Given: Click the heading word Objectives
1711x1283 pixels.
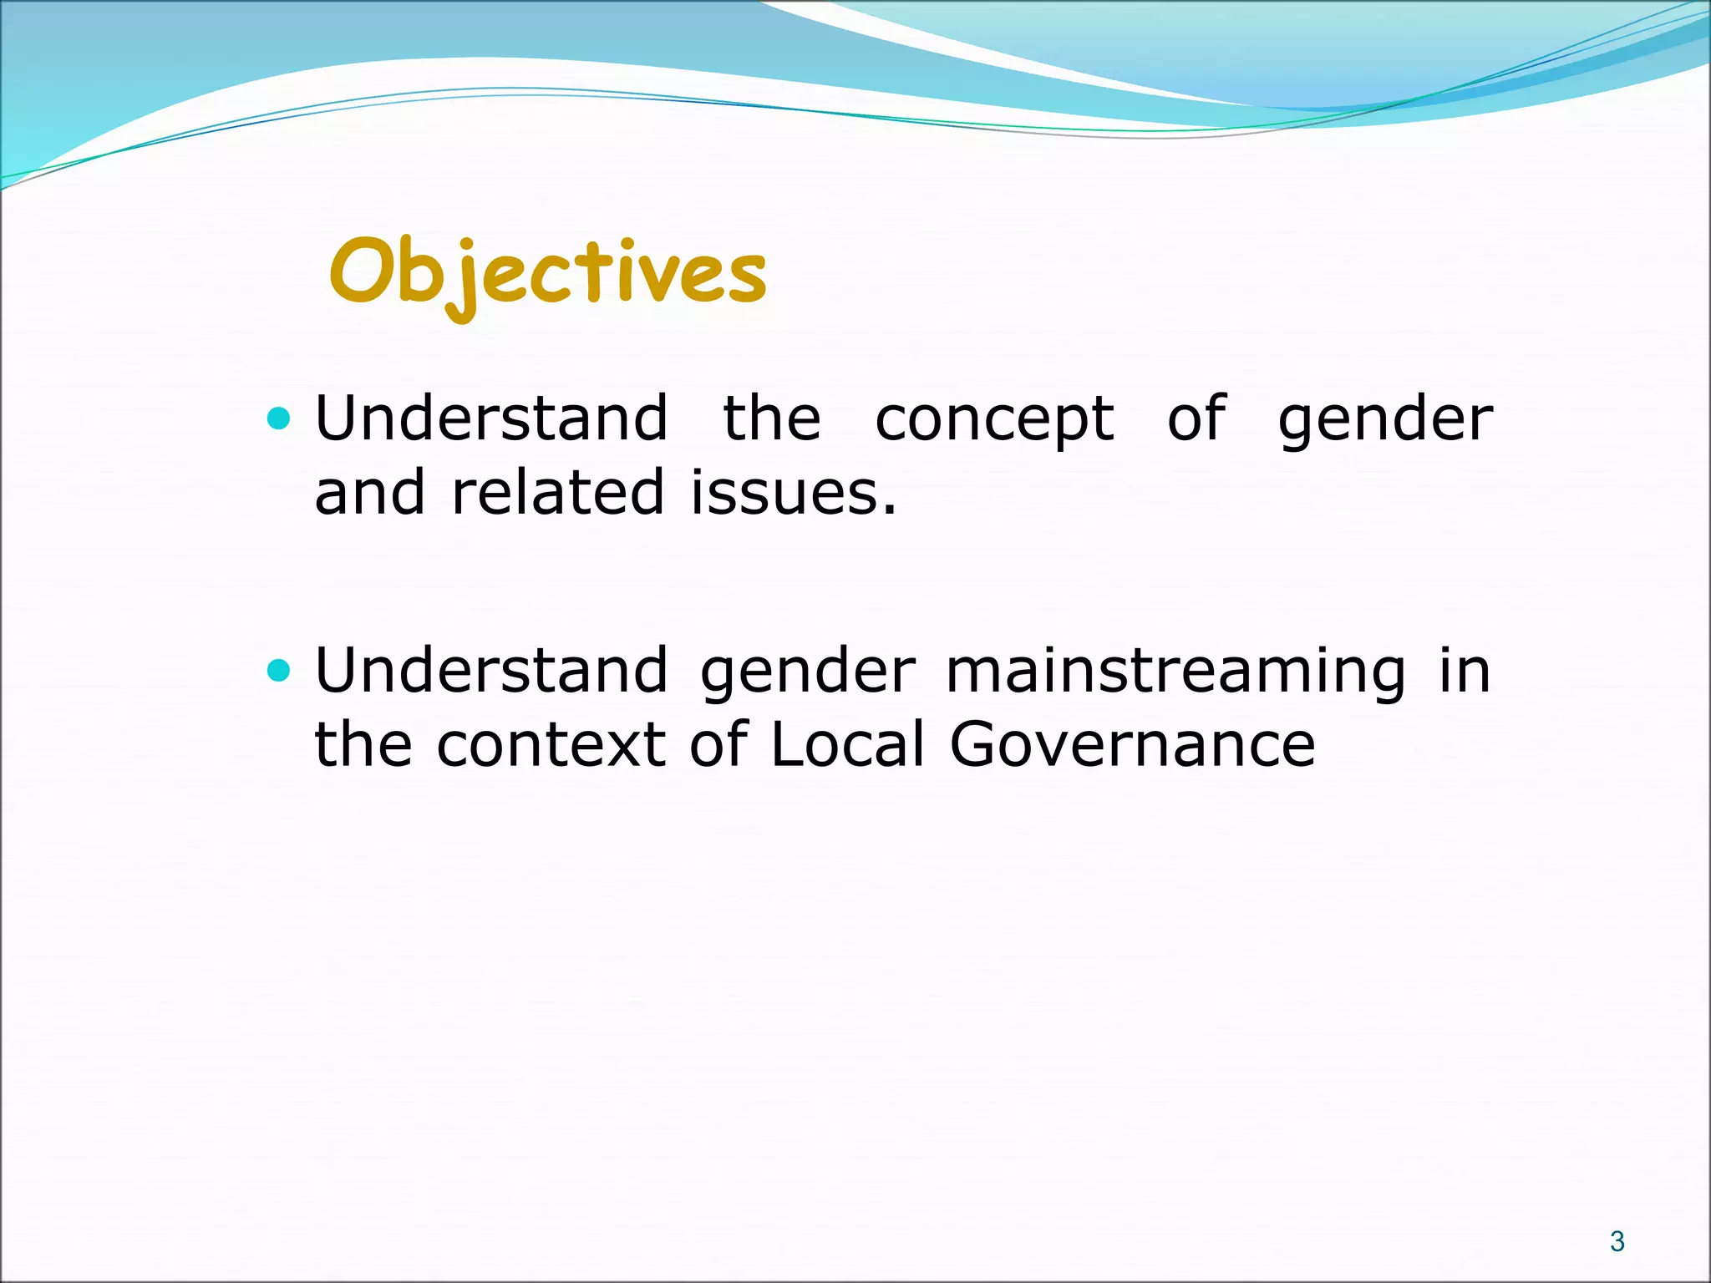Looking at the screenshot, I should click(x=547, y=272).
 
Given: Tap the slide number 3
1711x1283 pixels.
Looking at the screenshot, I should click(x=1617, y=1242).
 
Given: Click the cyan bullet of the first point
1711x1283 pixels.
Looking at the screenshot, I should click(x=278, y=418).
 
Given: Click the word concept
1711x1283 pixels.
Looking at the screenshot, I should click(x=994, y=419).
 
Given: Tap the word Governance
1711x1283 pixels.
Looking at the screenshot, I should click(x=1132, y=744).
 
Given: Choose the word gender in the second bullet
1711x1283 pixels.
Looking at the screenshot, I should click(x=807, y=673).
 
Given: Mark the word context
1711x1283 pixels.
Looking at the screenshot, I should click(x=551, y=744).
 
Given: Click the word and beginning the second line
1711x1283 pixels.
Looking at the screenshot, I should click(x=369, y=493).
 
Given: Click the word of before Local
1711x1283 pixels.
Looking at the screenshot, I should click(x=718, y=744).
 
